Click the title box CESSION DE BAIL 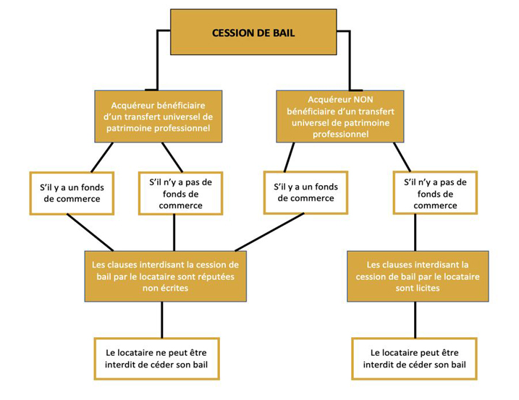(x=253, y=32)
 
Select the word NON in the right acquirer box (x=363, y=100)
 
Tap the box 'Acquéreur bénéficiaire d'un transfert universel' (x=159, y=116)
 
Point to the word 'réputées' (x=216, y=276)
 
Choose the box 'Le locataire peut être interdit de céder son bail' (x=415, y=359)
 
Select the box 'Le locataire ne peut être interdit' (x=157, y=359)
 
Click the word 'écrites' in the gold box (x=175, y=288)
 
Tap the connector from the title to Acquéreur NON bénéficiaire (x=350, y=59)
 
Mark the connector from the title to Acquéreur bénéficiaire (x=158, y=59)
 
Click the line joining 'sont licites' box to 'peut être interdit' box (x=415, y=320)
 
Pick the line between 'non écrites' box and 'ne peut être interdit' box (x=162, y=320)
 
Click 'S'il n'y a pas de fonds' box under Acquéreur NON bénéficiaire (x=435, y=193)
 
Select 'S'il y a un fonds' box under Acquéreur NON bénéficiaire (x=306, y=192)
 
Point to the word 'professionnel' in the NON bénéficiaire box (x=341, y=135)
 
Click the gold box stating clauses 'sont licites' (x=418, y=276)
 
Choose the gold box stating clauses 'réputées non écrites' (x=166, y=276)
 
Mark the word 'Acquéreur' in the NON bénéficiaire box (x=329, y=100)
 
